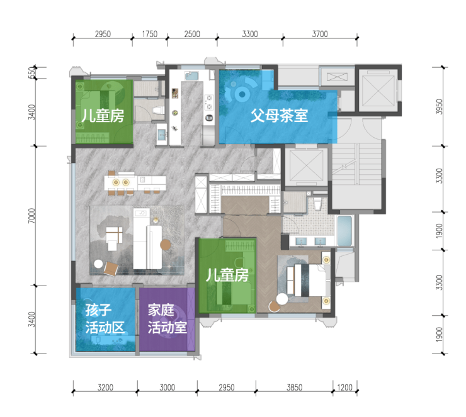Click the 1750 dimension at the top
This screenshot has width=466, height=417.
click(x=149, y=34)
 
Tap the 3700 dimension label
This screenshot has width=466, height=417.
click(x=320, y=34)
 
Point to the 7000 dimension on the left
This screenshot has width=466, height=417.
click(x=31, y=216)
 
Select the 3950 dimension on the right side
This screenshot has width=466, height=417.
click(x=439, y=107)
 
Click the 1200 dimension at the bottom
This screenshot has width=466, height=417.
click(x=344, y=387)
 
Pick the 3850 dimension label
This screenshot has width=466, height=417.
click(x=294, y=387)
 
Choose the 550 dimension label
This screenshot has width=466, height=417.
click(x=31, y=73)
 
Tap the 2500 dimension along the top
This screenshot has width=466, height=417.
click(x=192, y=34)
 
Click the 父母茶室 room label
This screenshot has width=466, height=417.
click(x=279, y=116)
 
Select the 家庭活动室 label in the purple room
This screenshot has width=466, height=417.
click(x=168, y=319)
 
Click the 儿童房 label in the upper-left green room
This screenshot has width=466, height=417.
click(x=103, y=116)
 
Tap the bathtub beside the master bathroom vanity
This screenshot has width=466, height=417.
click(x=345, y=231)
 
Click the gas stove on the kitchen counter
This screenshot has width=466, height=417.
click(x=209, y=102)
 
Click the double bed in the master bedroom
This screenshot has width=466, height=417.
click(x=309, y=280)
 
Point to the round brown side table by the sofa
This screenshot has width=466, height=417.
click(x=166, y=245)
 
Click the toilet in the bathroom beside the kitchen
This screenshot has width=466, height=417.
click(x=158, y=111)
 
